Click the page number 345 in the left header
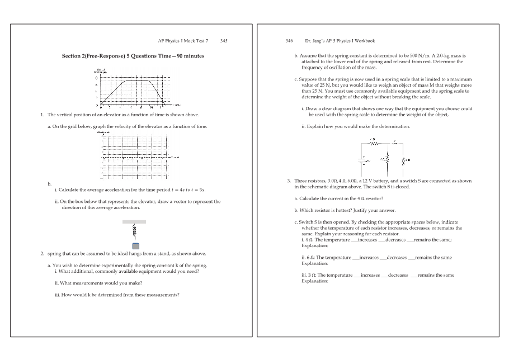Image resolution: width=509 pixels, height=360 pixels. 224,41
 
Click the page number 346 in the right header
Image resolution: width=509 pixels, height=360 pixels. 289,41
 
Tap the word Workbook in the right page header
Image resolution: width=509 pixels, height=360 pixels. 363,41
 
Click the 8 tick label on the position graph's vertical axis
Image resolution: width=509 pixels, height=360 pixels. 96,78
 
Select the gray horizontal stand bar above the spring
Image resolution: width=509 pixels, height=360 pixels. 134,222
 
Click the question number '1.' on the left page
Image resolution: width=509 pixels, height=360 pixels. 42,114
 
